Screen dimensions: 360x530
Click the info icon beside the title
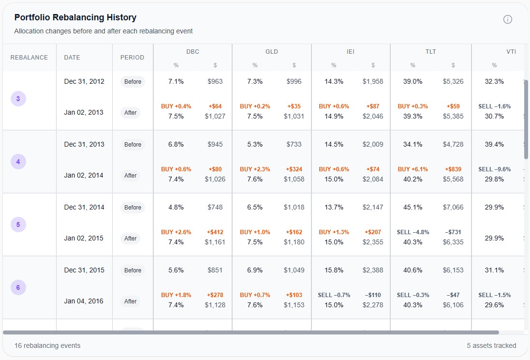pos(507,19)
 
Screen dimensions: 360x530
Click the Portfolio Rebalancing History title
pos(75,17)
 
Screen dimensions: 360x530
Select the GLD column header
pos(271,52)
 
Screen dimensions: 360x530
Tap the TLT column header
pos(430,52)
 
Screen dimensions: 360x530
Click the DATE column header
pos(72,58)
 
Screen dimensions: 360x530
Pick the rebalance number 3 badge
pos(18,99)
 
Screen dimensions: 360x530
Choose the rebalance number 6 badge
pos(18,288)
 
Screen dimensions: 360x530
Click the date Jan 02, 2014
pos(84,175)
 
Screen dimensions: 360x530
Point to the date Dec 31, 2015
pos(84,270)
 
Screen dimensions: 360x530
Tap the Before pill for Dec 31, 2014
pos(132,208)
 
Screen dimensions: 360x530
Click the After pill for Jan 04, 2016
pos(131,301)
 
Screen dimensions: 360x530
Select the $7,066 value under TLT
pos(453,207)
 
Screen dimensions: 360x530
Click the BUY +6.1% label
pos(412,169)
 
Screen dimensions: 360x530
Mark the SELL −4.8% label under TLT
pos(412,232)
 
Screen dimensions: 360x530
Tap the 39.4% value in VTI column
pos(494,144)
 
